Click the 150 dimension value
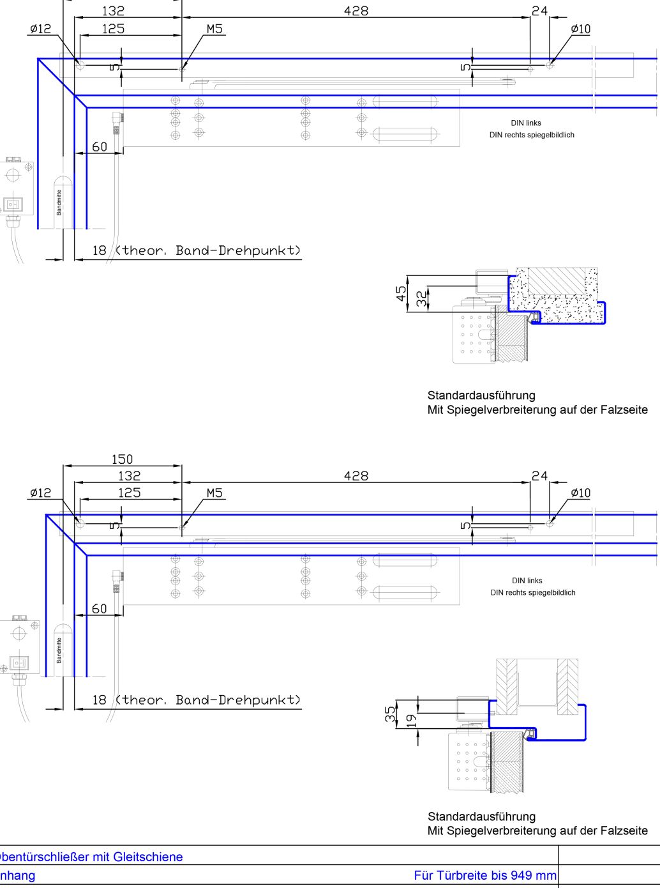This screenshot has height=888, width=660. click(x=122, y=459)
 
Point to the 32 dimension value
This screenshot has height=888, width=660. click(x=421, y=298)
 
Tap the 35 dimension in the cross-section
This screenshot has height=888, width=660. click(x=390, y=714)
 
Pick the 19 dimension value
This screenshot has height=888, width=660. click(x=411, y=720)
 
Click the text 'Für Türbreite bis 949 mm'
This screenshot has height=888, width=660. click(x=485, y=875)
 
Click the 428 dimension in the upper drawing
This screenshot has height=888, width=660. click(x=356, y=11)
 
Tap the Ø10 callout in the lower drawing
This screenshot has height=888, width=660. click(x=581, y=493)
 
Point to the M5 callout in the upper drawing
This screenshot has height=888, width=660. click(x=215, y=29)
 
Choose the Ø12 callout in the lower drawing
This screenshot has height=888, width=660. click(x=40, y=493)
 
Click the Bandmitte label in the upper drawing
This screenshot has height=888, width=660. click(x=59, y=202)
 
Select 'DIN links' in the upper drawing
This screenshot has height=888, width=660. click(x=526, y=123)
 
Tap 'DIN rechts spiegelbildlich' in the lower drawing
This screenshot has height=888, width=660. click(x=533, y=592)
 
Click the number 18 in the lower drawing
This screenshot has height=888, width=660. click(x=99, y=700)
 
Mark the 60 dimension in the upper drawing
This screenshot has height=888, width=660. click(x=100, y=147)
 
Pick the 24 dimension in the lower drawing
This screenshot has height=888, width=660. click(x=540, y=476)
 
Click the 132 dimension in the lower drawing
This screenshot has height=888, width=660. click(x=129, y=476)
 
